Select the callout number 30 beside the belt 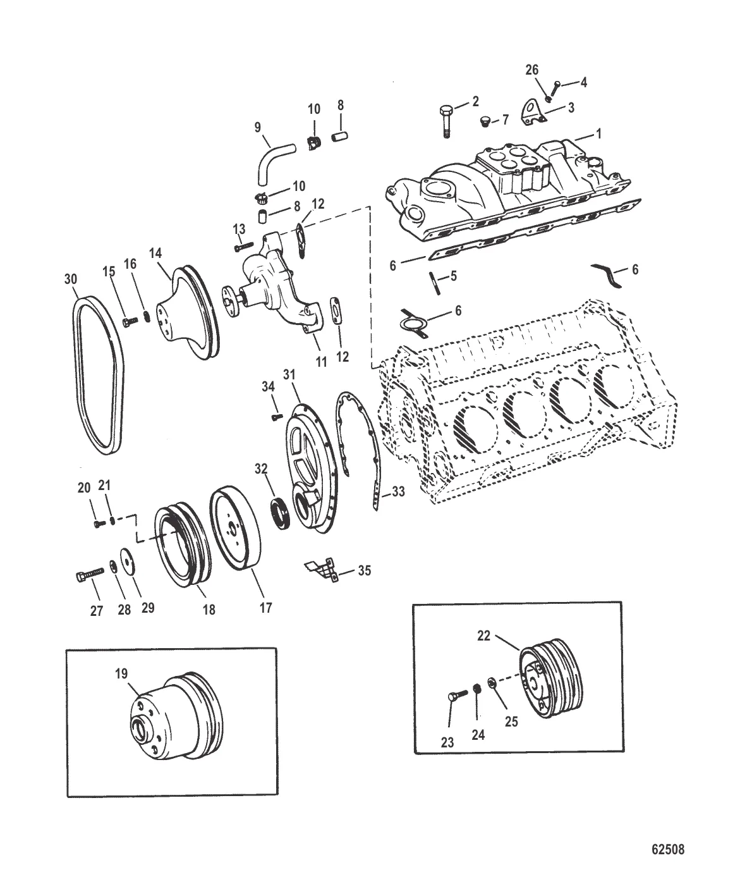pos(72,279)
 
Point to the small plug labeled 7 pos(486,121)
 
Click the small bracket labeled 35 pos(320,568)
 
